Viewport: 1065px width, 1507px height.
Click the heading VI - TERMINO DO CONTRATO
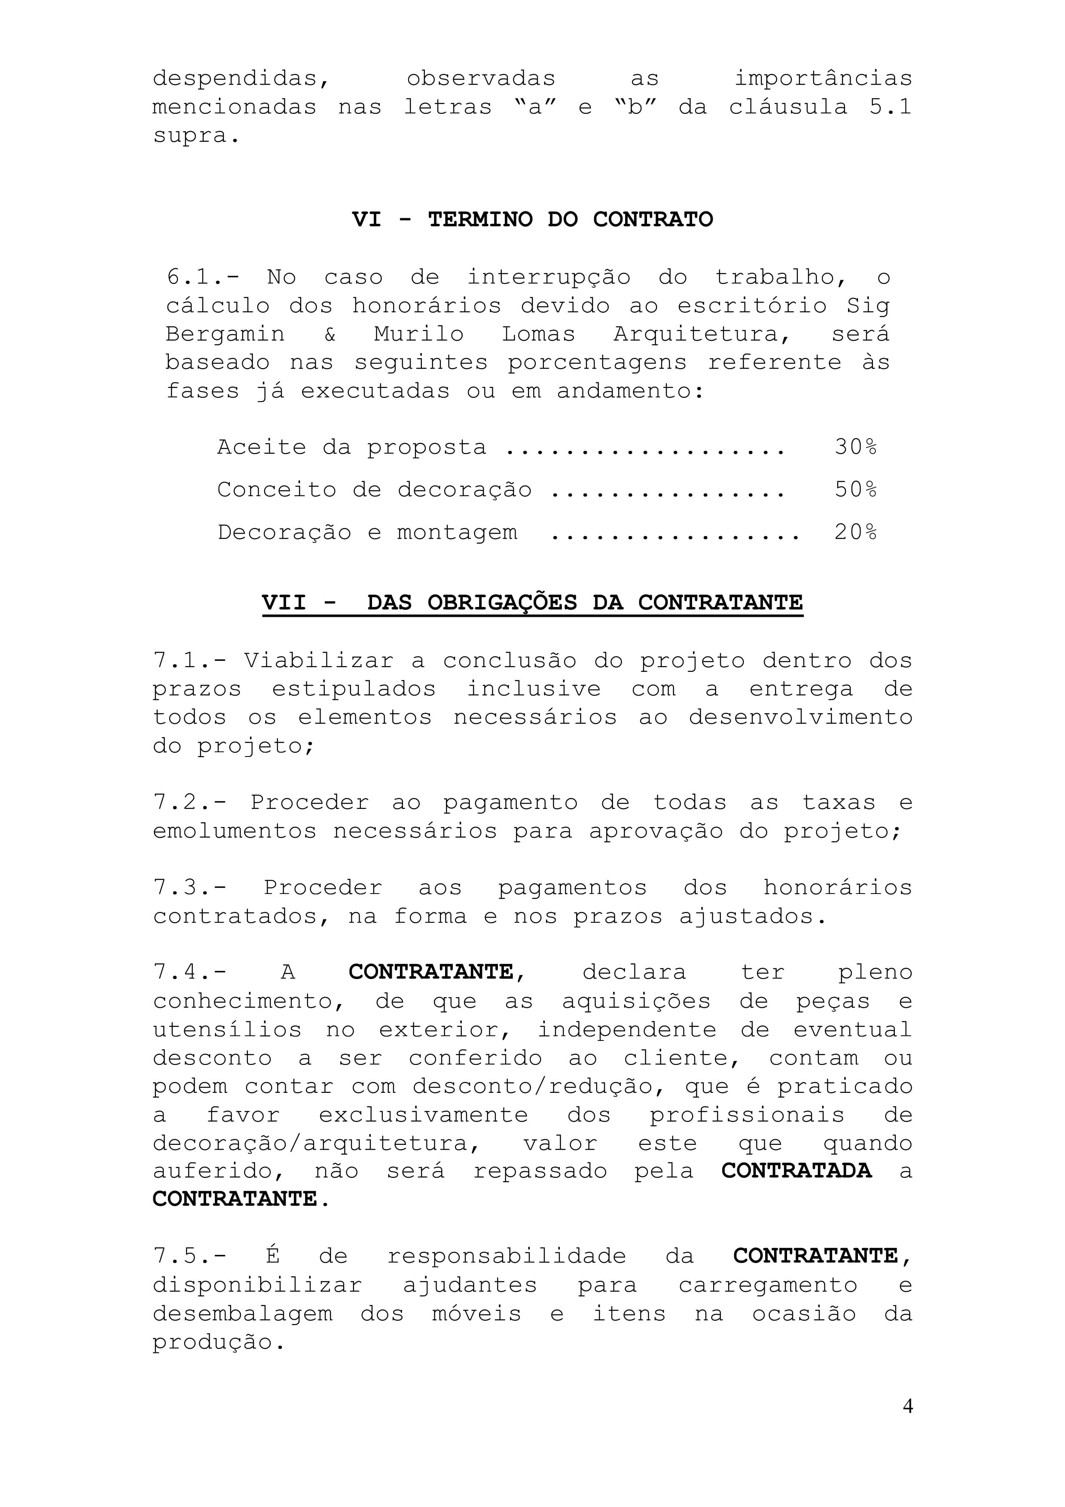(532, 219)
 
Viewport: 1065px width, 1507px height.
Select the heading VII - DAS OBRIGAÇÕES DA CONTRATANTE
(532, 603)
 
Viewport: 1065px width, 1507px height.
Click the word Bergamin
(225, 334)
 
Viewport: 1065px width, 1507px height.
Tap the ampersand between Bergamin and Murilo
(330, 334)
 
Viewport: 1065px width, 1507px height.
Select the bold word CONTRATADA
(796, 1171)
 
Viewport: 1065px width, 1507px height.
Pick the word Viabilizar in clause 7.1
(319, 660)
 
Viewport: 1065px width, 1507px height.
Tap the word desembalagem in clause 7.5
(243, 1314)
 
